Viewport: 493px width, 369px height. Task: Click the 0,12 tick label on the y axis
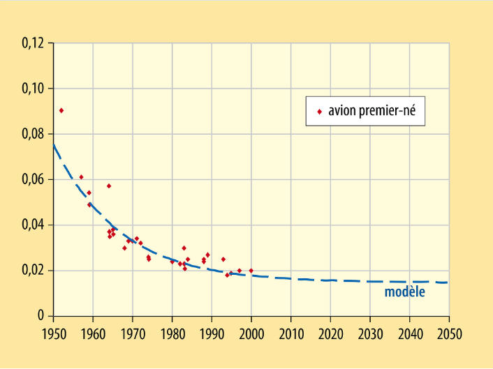(33, 43)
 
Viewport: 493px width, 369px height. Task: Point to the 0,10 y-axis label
(33, 89)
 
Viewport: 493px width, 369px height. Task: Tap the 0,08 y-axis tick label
(33, 134)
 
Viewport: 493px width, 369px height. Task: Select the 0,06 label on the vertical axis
(33, 180)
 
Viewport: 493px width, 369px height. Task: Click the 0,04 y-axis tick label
(33, 225)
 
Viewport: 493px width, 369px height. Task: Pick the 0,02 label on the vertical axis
(33, 271)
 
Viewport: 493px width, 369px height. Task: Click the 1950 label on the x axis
(54, 334)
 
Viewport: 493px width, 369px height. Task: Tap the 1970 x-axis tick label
(133, 334)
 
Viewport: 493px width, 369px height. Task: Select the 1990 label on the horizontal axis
(212, 334)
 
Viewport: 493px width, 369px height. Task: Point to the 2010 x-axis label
(291, 334)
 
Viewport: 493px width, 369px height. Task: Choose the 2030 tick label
(370, 334)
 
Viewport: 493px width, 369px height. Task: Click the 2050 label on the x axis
(450, 334)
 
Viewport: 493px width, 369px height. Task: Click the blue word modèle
(404, 292)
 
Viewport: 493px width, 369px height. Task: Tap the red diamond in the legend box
(320, 112)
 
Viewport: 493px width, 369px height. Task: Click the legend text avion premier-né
(372, 111)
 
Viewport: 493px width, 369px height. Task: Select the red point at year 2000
(251, 271)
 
